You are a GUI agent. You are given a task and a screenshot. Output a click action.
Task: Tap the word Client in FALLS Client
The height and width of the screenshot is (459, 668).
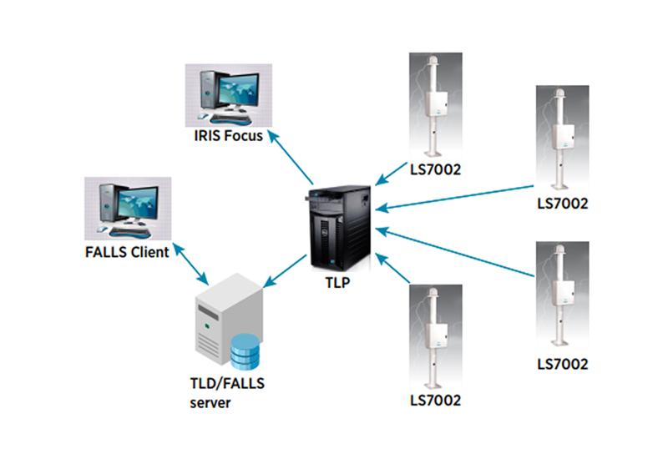tap(149, 251)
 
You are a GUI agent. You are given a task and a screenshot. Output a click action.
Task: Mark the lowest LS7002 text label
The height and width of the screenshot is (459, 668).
tap(435, 401)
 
